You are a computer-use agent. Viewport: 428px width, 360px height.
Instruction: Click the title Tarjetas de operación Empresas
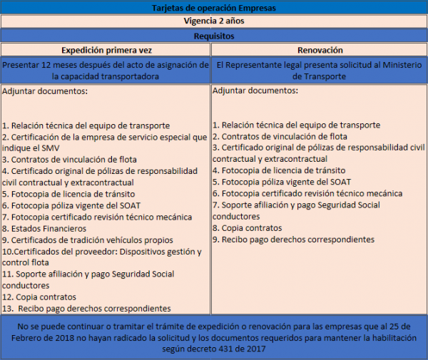click(x=213, y=8)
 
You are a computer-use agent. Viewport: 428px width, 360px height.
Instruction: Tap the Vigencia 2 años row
click(x=213, y=21)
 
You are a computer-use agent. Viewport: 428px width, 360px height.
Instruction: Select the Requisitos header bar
click(x=213, y=36)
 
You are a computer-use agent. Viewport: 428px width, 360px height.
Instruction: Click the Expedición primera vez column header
click(x=106, y=50)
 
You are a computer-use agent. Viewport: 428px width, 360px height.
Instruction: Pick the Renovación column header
click(x=320, y=50)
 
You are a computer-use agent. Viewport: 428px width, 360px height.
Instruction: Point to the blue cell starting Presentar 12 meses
click(x=106, y=70)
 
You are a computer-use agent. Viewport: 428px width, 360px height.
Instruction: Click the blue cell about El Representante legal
click(x=320, y=70)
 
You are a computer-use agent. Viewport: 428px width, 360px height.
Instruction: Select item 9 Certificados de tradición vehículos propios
click(x=93, y=240)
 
